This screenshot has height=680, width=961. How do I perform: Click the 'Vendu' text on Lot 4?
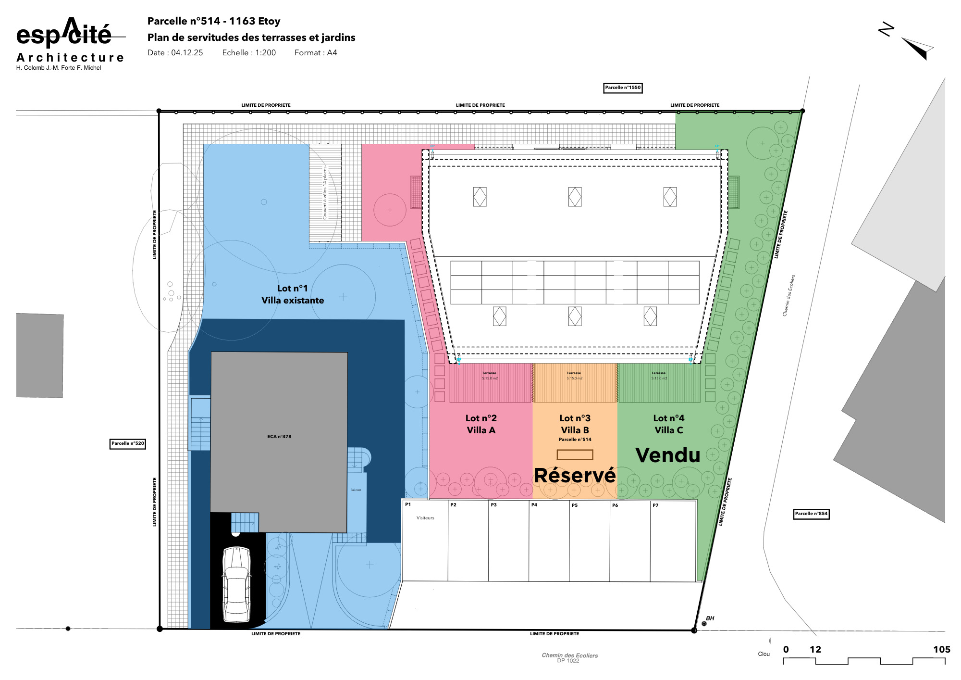click(668, 455)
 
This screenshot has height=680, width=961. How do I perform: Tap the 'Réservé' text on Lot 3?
click(575, 476)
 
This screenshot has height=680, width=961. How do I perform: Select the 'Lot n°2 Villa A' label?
click(481, 424)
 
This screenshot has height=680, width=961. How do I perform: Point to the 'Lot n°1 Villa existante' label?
click(293, 294)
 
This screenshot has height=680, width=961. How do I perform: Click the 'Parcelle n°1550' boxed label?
click(623, 88)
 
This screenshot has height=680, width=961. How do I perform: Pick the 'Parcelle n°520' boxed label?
click(128, 443)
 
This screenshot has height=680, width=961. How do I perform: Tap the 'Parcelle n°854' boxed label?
click(811, 514)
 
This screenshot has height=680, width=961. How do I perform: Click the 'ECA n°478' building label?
click(279, 437)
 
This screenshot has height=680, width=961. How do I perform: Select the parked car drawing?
click(236, 584)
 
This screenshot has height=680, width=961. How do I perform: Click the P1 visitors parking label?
click(408, 504)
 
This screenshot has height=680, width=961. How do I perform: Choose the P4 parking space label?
click(534, 505)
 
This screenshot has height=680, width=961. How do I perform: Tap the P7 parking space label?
click(655, 505)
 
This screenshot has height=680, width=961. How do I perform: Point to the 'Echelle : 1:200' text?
click(249, 53)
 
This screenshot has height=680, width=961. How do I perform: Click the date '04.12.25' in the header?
click(187, 53)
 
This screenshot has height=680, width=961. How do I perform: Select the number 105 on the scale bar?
click(941, 650)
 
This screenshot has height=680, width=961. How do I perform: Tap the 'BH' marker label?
click(710, 618)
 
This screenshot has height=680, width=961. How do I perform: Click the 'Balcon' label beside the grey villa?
click(356, 490)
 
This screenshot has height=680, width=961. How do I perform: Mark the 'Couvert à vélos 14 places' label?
click(325, 193)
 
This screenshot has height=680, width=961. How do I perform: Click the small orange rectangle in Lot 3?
click(575, 454)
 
